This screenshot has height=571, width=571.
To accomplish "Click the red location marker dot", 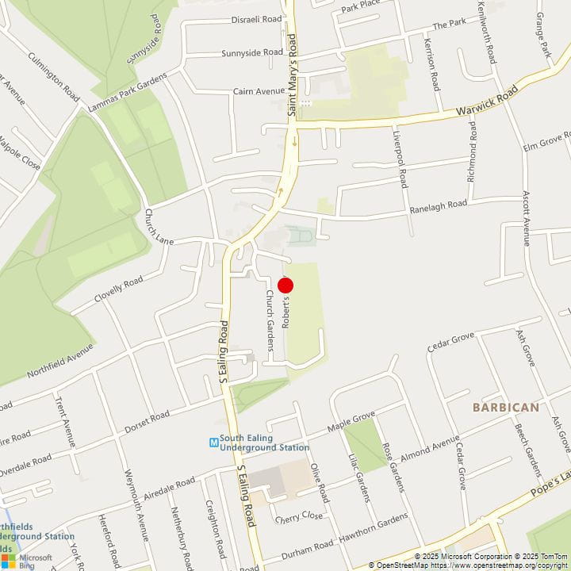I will [285, 285].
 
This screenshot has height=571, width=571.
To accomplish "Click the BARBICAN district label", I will [505, 407].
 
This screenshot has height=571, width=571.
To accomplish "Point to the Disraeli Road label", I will [256, 19].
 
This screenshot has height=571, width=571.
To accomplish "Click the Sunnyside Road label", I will [252, 53].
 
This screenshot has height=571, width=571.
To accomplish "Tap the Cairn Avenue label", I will [258, 91].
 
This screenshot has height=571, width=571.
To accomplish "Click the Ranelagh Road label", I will [439, 205].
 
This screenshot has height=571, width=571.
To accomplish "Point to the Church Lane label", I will [159, 227].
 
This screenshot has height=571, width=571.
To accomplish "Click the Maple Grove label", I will [351, 423].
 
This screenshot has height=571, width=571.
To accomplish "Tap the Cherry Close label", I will [298, 516].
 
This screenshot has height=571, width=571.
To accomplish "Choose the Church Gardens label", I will [270, 309].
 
